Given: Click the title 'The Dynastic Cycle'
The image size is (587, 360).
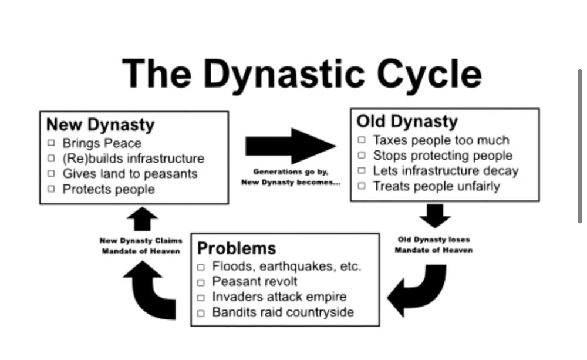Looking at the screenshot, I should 302,75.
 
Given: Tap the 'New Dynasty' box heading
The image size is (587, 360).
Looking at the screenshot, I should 100,125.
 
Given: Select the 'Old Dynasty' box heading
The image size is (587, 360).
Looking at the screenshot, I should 407,122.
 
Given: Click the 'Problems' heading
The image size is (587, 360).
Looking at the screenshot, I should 237,248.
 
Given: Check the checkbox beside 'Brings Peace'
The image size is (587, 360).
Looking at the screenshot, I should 51,143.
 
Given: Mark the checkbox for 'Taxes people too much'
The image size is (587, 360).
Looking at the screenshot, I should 362,140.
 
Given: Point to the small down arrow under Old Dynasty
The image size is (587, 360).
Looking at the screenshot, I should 435,216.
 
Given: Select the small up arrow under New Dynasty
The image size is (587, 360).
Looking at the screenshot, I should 142,220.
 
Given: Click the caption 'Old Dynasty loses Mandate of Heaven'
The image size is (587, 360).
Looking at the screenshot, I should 434,245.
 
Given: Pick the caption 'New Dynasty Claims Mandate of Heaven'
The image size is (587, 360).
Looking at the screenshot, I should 141,245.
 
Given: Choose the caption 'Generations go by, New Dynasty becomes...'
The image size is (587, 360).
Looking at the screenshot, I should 290,177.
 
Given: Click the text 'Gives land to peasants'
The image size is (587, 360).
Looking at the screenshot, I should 130,174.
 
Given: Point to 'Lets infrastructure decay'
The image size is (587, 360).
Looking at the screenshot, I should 446,171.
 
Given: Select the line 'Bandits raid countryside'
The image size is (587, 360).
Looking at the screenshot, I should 283,312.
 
